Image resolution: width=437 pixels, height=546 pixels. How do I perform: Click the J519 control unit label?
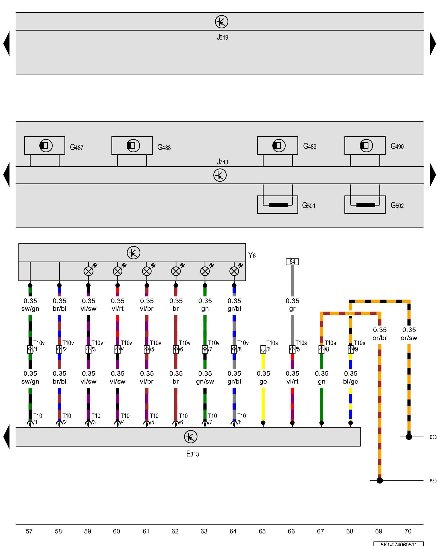(222, 37)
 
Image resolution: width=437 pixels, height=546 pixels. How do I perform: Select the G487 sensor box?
(45, 146)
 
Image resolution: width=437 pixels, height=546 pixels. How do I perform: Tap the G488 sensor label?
(164, 147)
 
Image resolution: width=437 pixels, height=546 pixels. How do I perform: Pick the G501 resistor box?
(277, 205)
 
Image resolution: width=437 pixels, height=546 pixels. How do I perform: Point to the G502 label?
(397, 205)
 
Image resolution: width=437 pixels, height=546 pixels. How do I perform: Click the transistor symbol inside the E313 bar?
(191, 437)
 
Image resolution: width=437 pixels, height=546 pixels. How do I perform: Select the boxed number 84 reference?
(292, 262)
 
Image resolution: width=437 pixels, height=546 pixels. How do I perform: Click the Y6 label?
(252, 256)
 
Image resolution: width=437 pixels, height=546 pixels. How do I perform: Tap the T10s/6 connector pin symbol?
(263, 349)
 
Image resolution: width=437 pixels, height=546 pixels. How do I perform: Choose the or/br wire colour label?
(380, 338)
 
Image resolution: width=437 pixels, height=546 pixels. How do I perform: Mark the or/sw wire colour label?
(409, 338)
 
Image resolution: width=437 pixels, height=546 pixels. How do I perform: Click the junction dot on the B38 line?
(409, 437)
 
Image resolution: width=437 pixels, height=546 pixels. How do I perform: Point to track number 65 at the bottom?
(262, 531)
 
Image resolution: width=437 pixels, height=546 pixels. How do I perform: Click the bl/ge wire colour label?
(351, 381)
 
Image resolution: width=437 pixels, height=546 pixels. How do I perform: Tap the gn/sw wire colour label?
(205, 381)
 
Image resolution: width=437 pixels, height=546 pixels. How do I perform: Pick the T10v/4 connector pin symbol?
(117, 349)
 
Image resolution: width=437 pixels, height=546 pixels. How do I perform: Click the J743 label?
(222, 162)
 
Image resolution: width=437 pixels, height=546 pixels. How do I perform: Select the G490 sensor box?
(365, 146)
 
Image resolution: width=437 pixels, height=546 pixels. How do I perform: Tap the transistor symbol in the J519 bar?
(222, 22)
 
